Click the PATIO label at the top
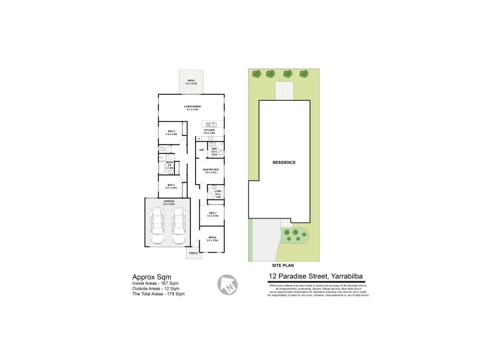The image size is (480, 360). point(192,80)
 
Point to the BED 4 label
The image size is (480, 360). point(170,132)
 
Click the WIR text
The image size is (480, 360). point(201,149)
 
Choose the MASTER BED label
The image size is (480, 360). point(209,170)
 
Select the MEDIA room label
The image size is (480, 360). point(212,238)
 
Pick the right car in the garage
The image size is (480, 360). point(178,227)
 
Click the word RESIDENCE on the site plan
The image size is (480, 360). point(284,163)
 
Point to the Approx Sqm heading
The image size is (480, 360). point(148,277)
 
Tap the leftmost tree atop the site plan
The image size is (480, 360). point(257,74)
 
